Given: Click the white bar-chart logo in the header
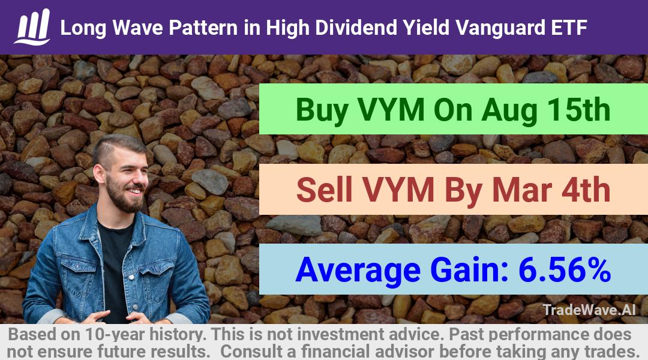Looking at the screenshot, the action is point(32,27).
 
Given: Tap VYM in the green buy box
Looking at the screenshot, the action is point(391,110).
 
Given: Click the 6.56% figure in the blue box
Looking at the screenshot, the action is point(565,269).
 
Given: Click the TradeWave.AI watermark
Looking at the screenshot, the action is point(589,310).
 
